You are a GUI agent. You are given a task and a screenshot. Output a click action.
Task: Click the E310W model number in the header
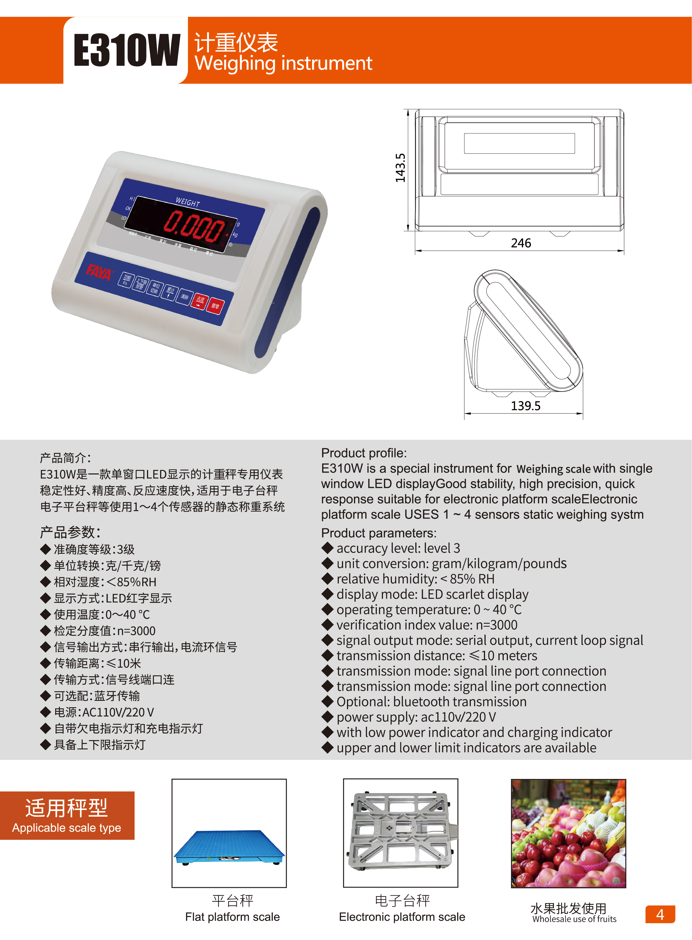(127, 50)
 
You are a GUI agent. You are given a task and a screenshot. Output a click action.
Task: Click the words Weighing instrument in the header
(283, 64)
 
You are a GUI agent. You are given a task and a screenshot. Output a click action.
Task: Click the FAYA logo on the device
(99, 272)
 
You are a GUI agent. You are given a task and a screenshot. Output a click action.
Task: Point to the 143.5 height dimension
(401, 168)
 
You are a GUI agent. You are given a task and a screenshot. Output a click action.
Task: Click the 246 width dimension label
(521, 243)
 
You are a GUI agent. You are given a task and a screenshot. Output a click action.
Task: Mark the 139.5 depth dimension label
(525, 406)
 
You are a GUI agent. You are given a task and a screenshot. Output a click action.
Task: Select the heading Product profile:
(364, 453)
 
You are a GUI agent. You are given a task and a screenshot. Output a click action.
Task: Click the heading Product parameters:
(379, 533)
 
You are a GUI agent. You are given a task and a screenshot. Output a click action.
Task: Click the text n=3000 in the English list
(496, 625)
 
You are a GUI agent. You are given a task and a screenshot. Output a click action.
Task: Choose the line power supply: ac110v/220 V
(416, 717)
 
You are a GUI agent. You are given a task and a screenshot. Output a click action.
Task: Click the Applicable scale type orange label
(67, 815)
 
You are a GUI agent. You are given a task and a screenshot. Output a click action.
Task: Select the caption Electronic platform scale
(402, 917)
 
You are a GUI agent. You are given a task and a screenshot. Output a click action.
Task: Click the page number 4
(660, 914)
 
